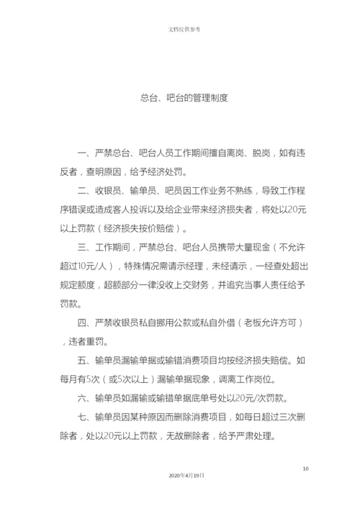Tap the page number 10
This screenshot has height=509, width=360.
click(x=305, y=469)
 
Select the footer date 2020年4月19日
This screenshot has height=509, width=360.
click(x=186, y=476)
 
